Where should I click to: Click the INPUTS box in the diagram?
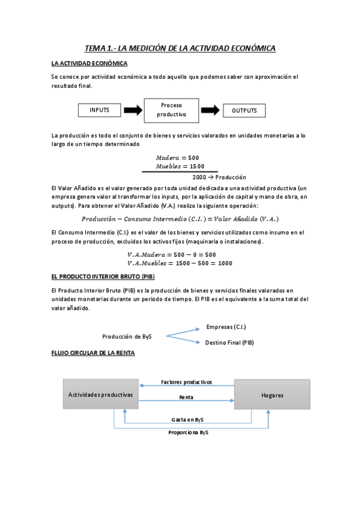point(100,111)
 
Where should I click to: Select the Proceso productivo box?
point(171,110)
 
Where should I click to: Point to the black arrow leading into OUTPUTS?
point(210,111)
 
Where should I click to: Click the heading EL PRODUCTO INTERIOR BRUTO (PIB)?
point(103,276)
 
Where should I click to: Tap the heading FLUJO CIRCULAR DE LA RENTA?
point(93,353)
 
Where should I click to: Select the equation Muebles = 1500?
point(180,166)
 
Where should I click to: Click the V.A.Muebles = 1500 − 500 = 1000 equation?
point(180,263)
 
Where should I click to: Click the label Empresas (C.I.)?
point(226,327)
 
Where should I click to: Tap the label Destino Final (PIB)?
point(229,342)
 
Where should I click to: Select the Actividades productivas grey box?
point(100,395)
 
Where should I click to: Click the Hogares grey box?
point(272,395)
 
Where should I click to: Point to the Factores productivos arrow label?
point(186,382)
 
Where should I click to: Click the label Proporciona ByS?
point(188,432)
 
